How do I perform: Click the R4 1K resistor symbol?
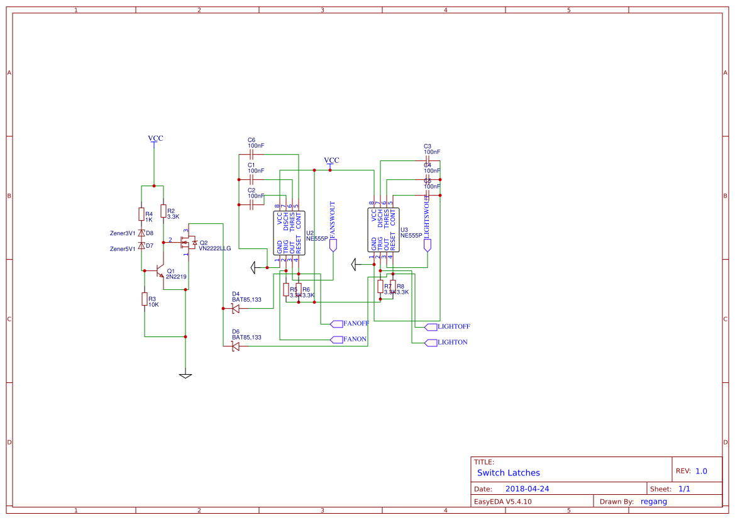point(141,214)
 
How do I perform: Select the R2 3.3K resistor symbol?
point(163,211)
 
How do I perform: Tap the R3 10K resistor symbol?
point(144,299)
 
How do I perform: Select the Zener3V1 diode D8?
point(141,233)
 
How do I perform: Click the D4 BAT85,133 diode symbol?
point(236,308)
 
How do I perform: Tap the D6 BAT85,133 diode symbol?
point(236,346)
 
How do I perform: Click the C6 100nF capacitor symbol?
point(251,153)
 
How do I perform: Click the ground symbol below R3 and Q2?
point(185,375)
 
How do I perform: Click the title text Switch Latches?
point(508,473)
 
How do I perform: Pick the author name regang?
point(653,501)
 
